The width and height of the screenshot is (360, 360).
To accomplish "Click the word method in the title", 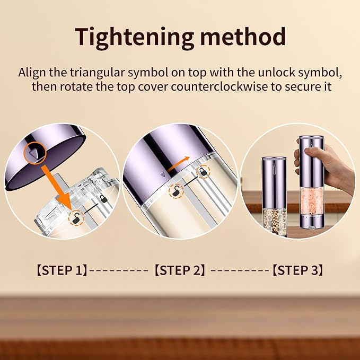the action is point(243,36).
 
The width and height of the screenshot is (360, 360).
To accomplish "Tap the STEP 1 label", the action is point(62,270).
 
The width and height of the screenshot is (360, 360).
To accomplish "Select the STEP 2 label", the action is point(180,270).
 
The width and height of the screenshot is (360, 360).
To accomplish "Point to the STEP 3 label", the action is point(297,270).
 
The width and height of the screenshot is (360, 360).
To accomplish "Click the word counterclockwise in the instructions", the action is point(219,87).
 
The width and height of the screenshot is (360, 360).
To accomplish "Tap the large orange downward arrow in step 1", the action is point(57,186).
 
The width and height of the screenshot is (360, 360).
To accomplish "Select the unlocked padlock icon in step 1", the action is point(76,218).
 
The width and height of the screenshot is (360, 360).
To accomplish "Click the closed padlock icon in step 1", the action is point(104,199).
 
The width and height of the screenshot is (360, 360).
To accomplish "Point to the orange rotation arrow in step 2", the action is point(178,164).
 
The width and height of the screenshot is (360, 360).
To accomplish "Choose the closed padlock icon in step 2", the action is point(203,172).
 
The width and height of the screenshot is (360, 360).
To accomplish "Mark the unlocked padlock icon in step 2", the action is point(177,191).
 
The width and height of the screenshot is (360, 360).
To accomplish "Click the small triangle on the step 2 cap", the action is point(163,174).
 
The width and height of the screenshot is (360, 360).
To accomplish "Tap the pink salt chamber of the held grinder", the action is point(312,201).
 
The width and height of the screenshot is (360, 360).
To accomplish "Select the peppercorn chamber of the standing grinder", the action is point(274,222).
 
